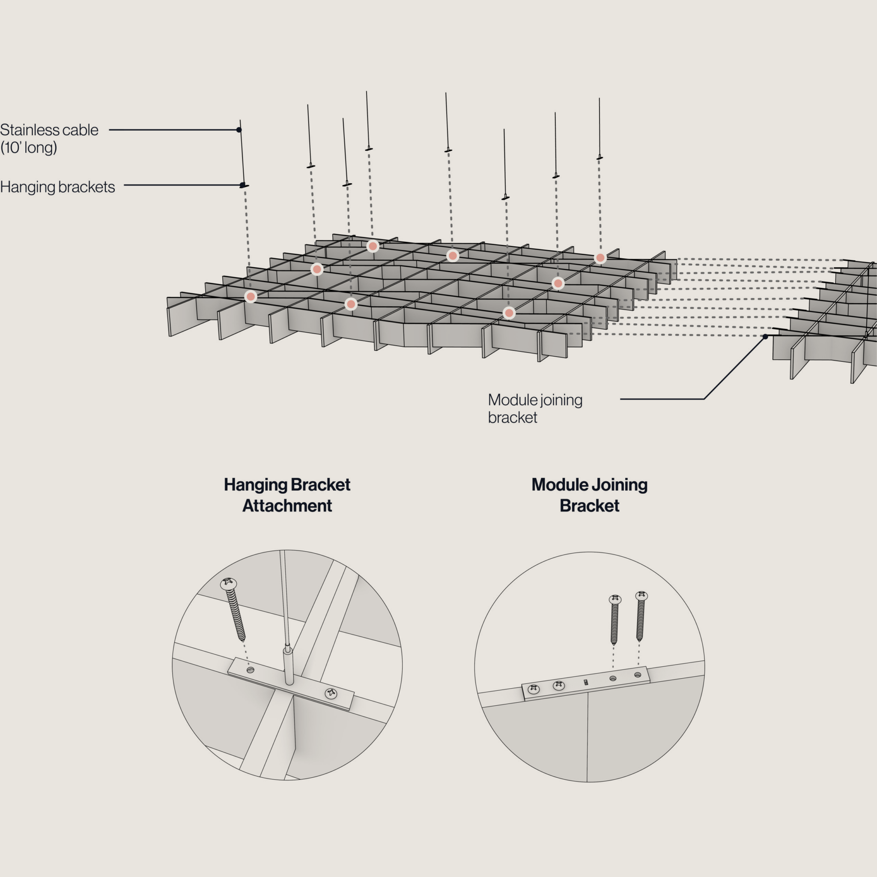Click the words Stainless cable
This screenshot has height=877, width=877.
click(49, 130)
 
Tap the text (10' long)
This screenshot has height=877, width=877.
click(29, 148)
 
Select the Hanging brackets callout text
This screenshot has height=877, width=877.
click(58, 187)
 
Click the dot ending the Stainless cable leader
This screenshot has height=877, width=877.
click(239, 130)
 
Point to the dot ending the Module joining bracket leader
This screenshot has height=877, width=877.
click(765, 336)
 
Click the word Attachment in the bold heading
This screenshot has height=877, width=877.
click(287, 506)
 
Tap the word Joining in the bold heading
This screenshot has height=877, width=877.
click(620, 485)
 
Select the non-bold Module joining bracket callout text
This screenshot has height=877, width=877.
click(535, 409)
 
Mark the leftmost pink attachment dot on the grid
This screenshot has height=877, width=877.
click(251, 297)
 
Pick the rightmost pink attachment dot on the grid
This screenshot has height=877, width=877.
click(600, 258)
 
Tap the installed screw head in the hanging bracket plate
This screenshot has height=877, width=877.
click(331, 693)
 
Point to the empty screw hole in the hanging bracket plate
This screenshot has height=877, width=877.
click(250, 670)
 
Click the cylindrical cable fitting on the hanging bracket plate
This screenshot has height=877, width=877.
click(288, 665)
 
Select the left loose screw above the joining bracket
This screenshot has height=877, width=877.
click(614, 619)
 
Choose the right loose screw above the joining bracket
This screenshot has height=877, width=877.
click(641, 615)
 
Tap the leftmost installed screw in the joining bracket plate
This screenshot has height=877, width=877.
click(534, 689)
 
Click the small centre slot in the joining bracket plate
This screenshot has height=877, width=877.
click(585, 682)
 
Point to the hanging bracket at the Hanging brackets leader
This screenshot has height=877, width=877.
click(244, 185)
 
